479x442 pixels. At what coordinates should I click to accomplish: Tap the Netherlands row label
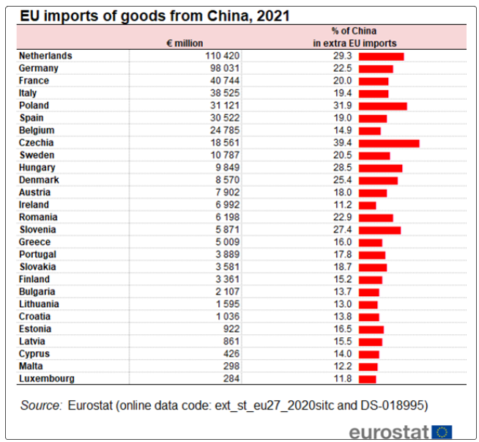(x=45, y=56)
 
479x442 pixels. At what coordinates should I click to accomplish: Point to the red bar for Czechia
(x=389, y=143)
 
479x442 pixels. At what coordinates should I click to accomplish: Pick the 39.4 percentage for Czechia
(x=343, y=143)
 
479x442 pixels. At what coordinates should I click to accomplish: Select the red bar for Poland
(x=383, y=106)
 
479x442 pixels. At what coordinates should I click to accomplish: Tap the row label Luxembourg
(x=46, y=379)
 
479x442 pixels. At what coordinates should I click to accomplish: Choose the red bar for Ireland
(x=368, y=205)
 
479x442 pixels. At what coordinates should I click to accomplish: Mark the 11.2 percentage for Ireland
(x=343, y=205)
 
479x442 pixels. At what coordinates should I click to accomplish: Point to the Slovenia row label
(x=40, y=230)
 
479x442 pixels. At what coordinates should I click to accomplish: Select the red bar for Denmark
(x=379, y=180)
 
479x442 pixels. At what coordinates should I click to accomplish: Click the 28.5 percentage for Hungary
(x=343, y=168)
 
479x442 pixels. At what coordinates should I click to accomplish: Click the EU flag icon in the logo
(x=442, y=432)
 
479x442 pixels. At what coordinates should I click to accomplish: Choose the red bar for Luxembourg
(x=368, y=379)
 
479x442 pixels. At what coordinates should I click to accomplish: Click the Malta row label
(x=31, y=367)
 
